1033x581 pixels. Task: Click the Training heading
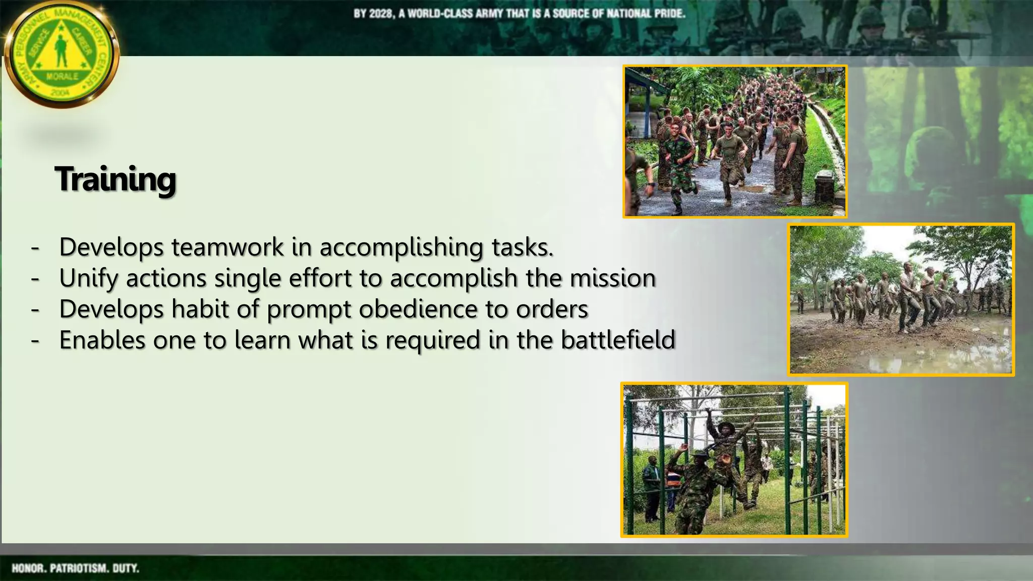pos(116,180)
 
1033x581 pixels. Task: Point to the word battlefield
pos(618,340)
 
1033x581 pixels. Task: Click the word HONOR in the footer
pos(28,568)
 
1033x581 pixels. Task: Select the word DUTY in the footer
pos(126,568)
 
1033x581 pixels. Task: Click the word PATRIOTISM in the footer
pos(79,568)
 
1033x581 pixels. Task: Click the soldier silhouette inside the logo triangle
pos(62,51)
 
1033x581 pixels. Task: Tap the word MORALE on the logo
pos(62,77)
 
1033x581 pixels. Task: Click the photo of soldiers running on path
pos(734,142)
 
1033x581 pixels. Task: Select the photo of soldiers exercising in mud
pos(901,300)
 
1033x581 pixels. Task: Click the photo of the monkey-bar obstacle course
pos(734,459)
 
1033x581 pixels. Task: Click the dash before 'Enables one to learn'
pos(35,340)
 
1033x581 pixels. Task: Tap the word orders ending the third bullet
pos(552,309)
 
